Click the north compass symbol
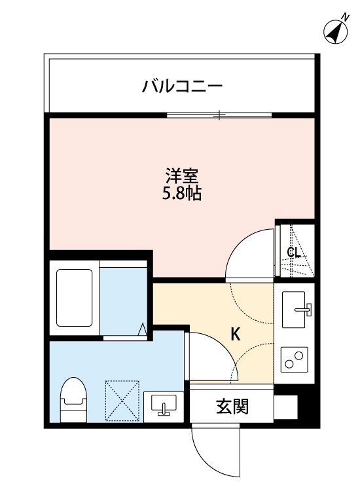tap(336, 29)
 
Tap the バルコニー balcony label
tap(183, 86)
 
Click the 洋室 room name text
tap(183, 175)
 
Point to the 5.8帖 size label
tap(183, 194)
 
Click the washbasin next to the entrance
tap(164, 406)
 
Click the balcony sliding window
tap(219, 115)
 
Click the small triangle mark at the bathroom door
tap(142, 329)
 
